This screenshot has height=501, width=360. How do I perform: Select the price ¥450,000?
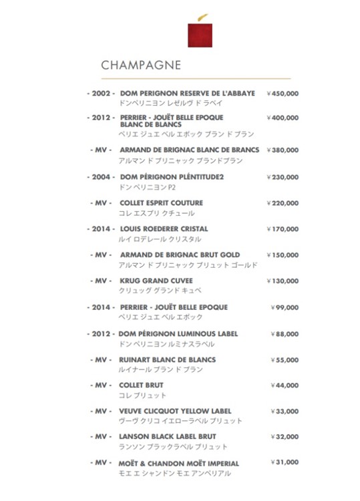[x=283, y=94]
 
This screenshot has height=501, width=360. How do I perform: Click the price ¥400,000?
[x=283, y=118]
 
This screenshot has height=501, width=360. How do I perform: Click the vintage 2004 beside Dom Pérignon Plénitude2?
[x=101, y=177]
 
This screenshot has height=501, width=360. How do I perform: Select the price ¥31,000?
[x=285, y=462]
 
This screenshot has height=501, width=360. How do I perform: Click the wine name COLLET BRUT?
[x=141, y=385]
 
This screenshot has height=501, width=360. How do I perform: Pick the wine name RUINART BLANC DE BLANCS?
[x=168, y=359]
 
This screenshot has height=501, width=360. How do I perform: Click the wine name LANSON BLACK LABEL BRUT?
[x=168, y=436]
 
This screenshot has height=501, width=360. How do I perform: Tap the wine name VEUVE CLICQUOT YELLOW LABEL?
[x=176, y=411]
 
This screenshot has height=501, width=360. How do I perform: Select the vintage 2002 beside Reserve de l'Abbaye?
[x=101, y=94]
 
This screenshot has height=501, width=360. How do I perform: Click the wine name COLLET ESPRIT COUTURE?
[x=161, y=202]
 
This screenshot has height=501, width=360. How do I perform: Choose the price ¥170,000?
[x=283, y=229]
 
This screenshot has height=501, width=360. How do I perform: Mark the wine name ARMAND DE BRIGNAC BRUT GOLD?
[x=180, y=255]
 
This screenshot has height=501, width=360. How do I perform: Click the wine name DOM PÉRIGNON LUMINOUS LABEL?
[x=178, y=333]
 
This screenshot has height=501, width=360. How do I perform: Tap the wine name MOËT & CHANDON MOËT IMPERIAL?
[x=179, y=463]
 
